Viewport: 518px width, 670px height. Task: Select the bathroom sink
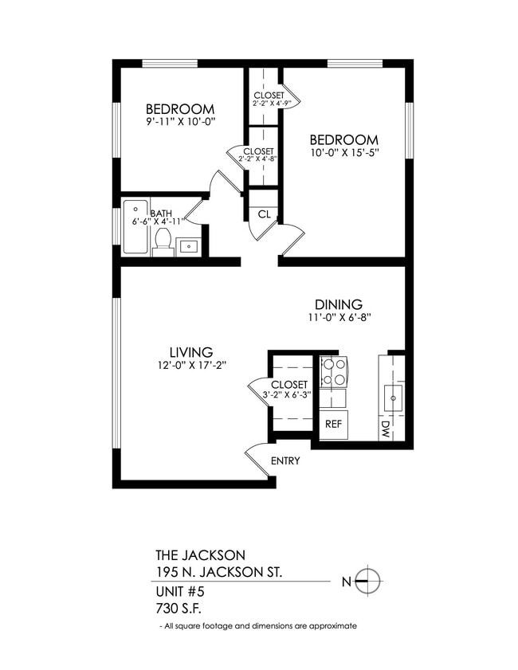tap(189, 246)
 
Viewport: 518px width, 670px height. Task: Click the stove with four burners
tap(334, 371)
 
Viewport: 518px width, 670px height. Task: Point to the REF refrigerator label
tap(333, 424)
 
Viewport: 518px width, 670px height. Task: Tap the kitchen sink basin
tap(393, 397)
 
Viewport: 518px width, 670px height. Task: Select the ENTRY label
tap(285, 460)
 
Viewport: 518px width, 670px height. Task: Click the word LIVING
tap(190, 352)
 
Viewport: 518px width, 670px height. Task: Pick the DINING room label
tap(338, 304)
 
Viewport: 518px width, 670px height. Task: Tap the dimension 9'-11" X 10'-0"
tap(179, 122)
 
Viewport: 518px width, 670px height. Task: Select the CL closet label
tap(263, 214)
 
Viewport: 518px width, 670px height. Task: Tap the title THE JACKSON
tap(200, 554)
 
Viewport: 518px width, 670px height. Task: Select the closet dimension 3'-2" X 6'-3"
tap(288, 394)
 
